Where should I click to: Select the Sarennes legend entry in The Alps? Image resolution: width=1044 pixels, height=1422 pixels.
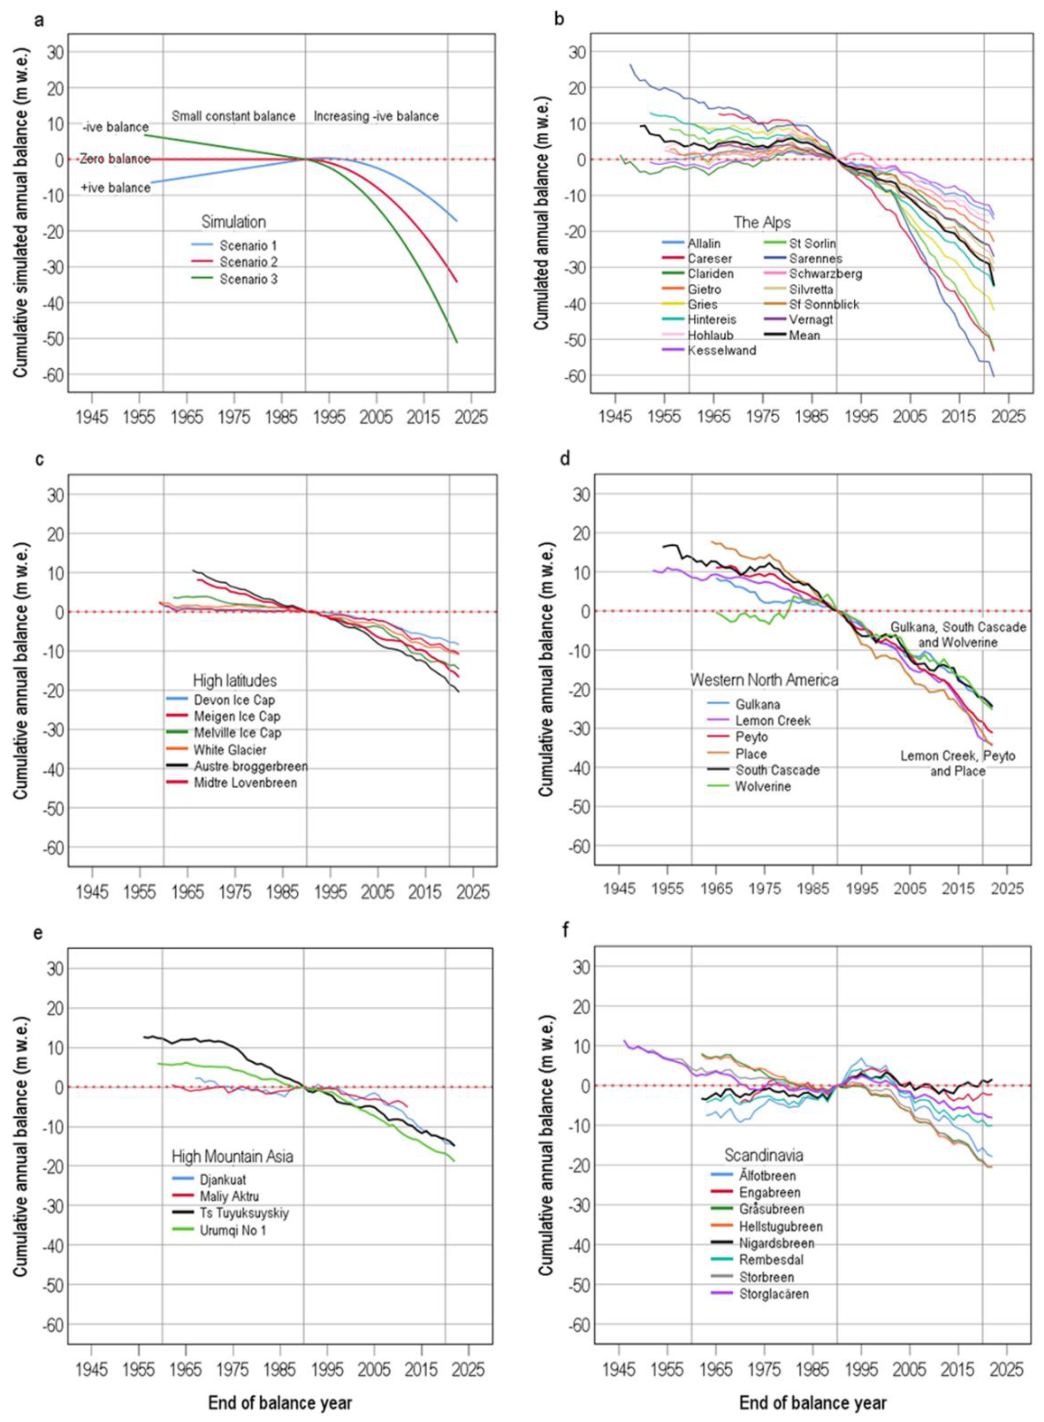815,259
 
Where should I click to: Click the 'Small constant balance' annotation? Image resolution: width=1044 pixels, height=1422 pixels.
233,116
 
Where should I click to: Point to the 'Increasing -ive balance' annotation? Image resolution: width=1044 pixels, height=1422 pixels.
376,116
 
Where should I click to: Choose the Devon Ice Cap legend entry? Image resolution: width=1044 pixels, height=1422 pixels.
234,700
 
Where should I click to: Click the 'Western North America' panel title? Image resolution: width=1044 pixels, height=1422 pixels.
764,680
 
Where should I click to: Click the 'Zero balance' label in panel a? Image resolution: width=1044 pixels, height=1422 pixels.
115,159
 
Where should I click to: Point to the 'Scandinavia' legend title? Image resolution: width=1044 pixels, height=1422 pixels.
763,1155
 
